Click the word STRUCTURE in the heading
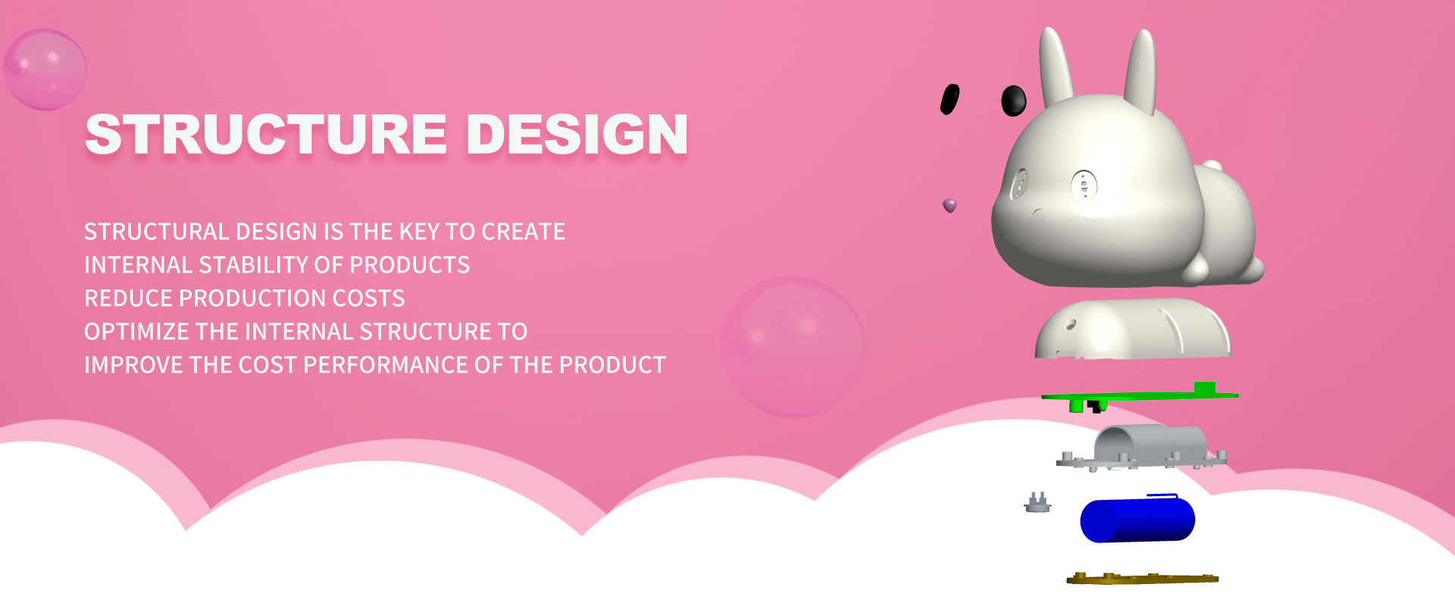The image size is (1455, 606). [266, 134]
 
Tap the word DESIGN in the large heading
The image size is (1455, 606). [577, 134]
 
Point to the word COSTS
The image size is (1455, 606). [368, 298]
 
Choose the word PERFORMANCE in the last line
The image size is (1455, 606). [385, 364]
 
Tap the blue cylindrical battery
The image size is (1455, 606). [1137, 519]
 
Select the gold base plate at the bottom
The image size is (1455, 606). [1142, 579]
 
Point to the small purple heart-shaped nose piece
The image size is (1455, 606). [950, 205]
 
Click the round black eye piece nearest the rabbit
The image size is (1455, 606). [1014, 100]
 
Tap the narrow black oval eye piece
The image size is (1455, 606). [950, 99]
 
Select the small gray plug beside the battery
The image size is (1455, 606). [1037, 502]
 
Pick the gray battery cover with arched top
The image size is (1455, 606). [1143, 448]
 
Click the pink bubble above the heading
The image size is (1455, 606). [45, 70]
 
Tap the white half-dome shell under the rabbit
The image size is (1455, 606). [1133, 329]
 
